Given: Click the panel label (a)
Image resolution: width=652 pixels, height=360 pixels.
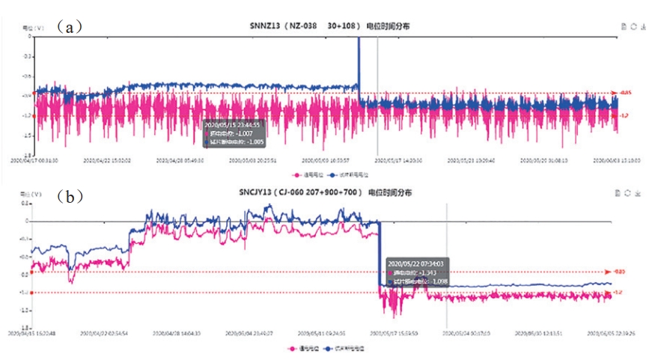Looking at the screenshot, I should (73, 28).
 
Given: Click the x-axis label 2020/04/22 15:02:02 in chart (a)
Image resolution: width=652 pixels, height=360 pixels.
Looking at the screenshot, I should (109, 159).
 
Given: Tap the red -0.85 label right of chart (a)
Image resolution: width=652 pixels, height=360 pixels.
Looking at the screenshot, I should (625, 93).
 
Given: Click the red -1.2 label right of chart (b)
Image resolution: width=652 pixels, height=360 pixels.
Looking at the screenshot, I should (618, 293).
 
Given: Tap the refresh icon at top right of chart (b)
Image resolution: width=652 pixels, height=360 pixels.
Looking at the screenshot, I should (627, 193).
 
